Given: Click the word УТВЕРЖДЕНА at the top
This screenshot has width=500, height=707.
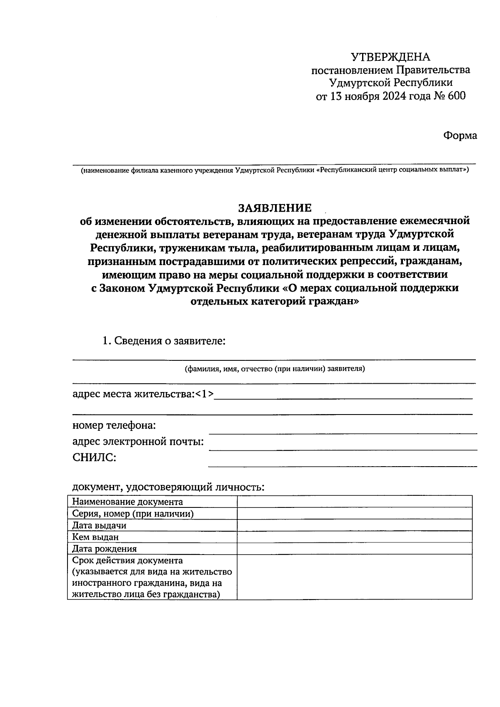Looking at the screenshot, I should point(390,57).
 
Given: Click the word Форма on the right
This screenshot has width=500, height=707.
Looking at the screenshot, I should point(460,136).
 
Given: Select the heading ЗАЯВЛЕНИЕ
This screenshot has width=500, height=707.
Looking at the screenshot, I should point(275,207).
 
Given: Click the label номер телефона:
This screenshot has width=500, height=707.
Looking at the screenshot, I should point(114,426).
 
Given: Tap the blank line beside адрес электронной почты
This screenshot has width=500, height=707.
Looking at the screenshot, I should point(342,447).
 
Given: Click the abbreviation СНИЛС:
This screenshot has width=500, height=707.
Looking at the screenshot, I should point(94,458).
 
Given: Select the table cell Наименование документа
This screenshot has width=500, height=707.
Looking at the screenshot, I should point(127,502).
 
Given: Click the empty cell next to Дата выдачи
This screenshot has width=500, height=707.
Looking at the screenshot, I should point(354,525).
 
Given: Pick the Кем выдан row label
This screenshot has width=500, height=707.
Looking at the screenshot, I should point(95,537).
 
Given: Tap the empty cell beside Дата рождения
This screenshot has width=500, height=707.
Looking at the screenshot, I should point(354,549).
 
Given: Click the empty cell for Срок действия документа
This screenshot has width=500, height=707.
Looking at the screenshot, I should point(354,577).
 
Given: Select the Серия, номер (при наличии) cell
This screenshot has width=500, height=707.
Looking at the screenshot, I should point(133,514).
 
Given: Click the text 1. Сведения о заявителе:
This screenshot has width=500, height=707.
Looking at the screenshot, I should point(164,341).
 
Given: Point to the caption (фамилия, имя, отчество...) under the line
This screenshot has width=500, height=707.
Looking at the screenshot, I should point(275,369).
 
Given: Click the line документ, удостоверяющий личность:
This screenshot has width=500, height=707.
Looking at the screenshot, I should point(168,487).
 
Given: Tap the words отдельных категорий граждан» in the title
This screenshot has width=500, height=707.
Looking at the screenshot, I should point(274,301).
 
